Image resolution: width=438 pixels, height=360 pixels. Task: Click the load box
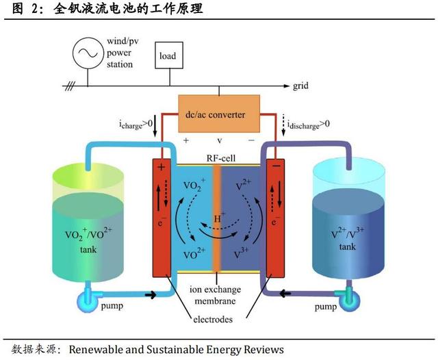[168, 56]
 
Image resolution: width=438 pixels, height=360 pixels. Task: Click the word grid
[301, 87]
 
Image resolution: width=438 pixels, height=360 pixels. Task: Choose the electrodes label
[213, 320]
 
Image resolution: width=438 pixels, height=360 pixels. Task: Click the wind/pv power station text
[121, 53]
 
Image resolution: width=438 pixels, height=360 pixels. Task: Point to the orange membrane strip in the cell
[216, 219]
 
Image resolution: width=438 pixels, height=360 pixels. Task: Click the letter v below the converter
[220, 141]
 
